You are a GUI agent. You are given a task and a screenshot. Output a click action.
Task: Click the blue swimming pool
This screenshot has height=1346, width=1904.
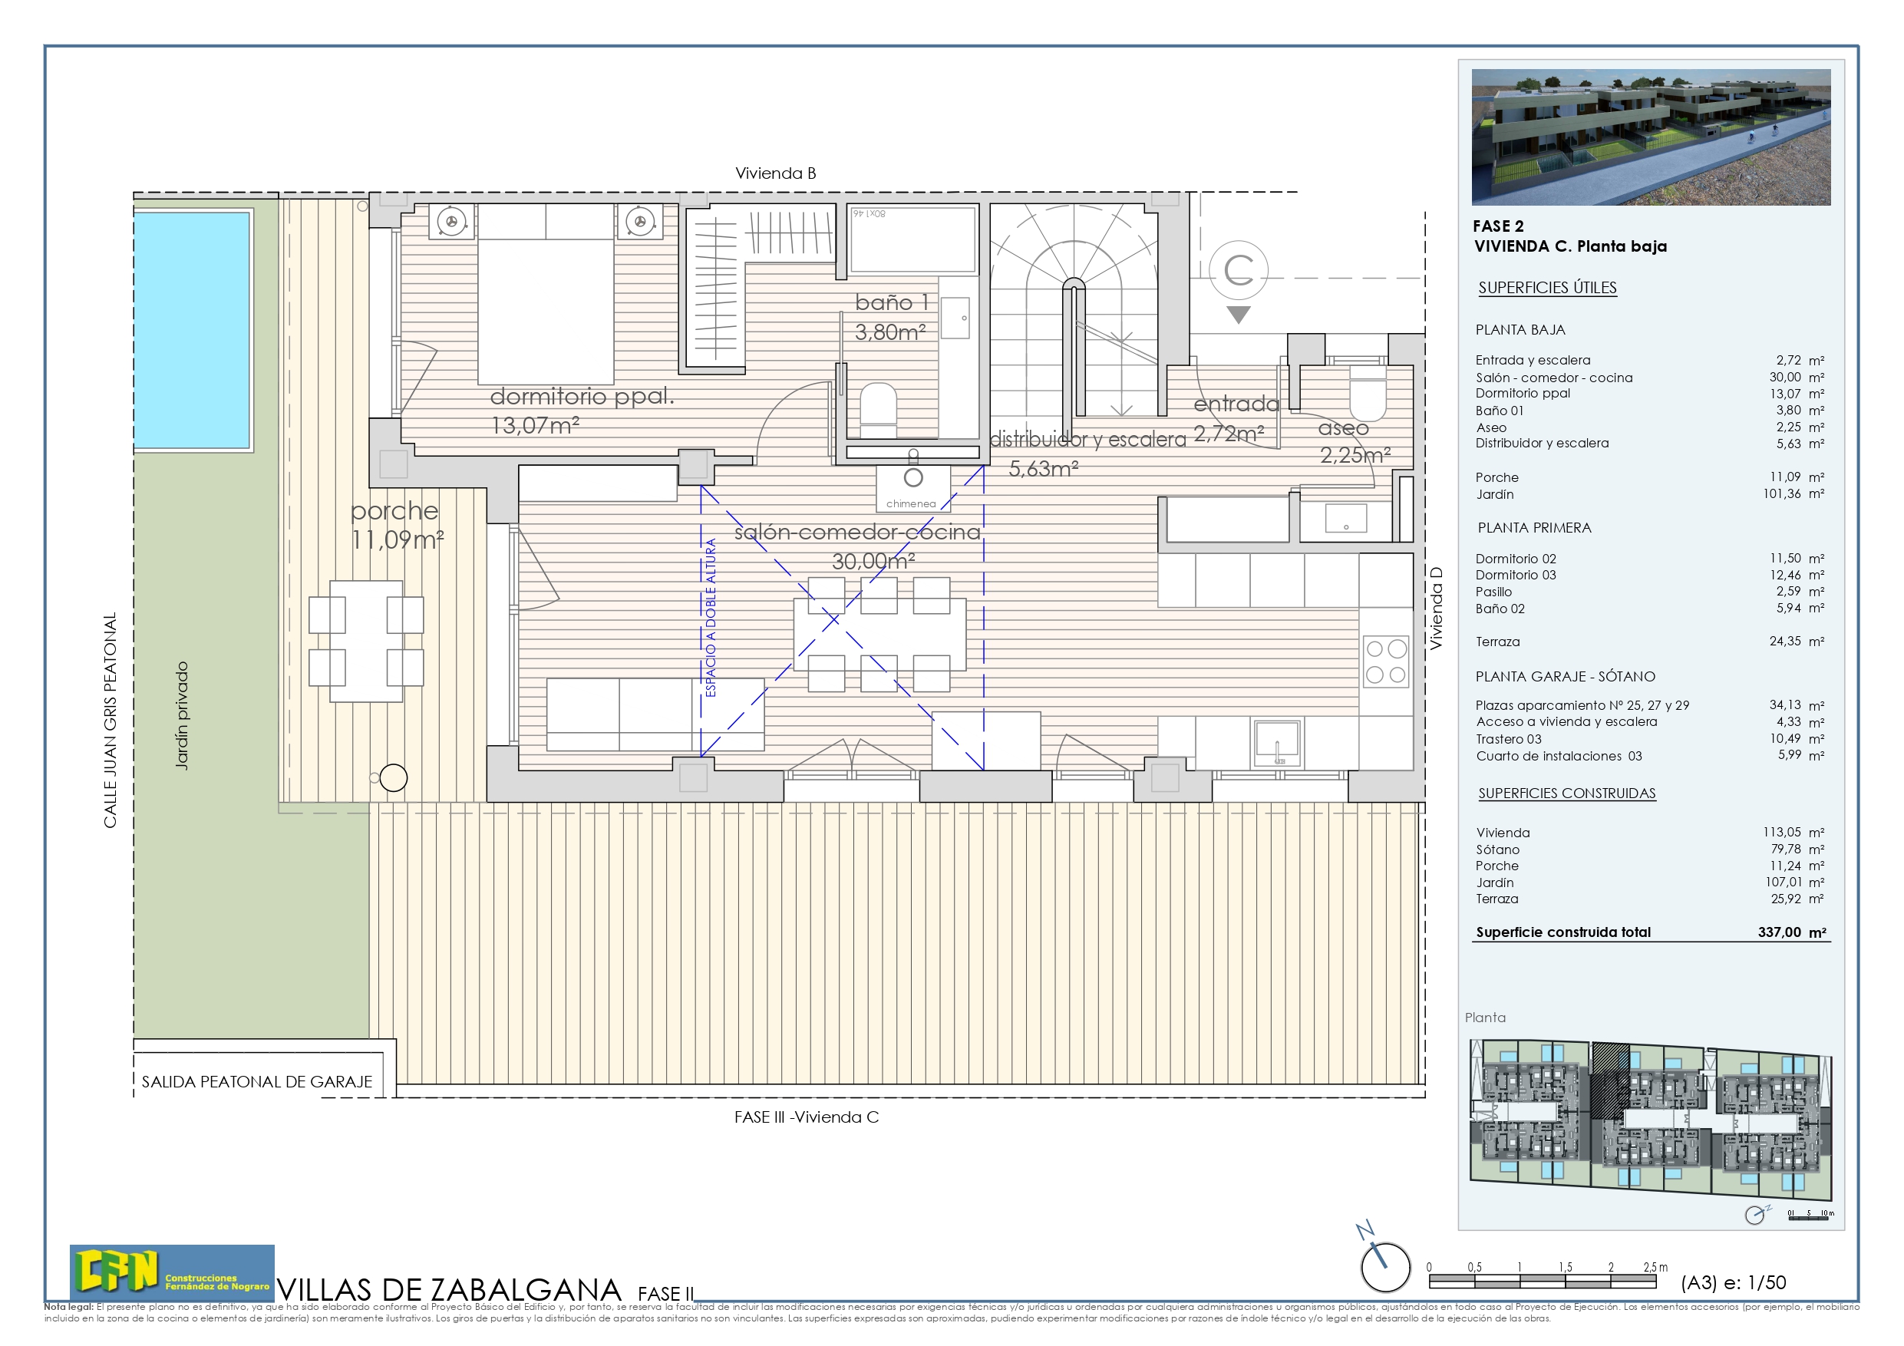[192, 330]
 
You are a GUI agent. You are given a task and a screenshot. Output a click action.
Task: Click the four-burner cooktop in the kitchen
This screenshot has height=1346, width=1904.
[1386, 661]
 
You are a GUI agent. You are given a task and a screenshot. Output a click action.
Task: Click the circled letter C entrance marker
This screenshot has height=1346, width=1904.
[1238, 270]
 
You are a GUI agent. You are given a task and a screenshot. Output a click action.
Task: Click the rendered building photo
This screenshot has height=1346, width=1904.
[1650, 137]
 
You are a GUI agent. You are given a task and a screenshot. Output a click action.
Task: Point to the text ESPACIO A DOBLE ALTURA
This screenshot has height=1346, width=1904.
[711, 618]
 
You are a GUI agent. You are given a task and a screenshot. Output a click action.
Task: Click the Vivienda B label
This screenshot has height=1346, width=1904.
[775, 173]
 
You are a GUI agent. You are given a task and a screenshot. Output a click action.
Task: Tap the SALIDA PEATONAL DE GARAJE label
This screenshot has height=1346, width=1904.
[257, 1081]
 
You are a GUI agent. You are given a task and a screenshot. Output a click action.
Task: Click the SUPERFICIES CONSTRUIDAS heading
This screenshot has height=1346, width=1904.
[1566, 793]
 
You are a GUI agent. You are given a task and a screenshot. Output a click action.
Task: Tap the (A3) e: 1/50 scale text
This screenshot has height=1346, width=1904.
[1733, 1282]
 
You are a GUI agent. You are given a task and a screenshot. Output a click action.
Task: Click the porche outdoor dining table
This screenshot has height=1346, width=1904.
[366, 641]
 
